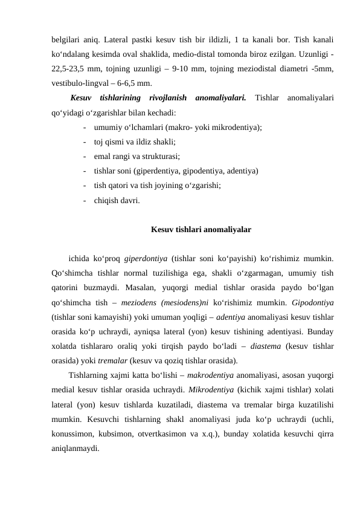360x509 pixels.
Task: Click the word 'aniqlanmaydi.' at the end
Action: pyautogui.click(x=75, y=448)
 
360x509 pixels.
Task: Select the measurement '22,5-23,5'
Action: pyautogui.click(x=69, y=69)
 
